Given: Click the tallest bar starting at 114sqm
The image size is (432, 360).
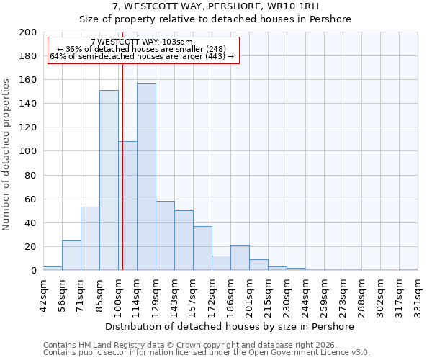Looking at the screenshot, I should coord(146,176).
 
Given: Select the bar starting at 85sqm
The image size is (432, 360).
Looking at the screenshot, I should coord(109,180).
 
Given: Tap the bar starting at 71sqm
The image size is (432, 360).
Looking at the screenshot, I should coord(90,238).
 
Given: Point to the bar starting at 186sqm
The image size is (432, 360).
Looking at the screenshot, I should coord(240,258).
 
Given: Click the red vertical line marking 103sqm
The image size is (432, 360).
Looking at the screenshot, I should coord(122,166).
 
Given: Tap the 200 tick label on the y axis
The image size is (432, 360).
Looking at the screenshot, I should coord(28,32).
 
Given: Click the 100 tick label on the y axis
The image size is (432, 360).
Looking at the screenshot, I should coord(28,151).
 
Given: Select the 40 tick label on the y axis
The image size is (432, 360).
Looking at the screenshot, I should coord(31,223).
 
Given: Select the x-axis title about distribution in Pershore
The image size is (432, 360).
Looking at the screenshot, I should coord(229,326).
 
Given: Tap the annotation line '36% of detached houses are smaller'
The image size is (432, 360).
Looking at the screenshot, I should coord(142,49).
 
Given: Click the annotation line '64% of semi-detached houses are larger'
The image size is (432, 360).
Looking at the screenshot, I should coord(142,56).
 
